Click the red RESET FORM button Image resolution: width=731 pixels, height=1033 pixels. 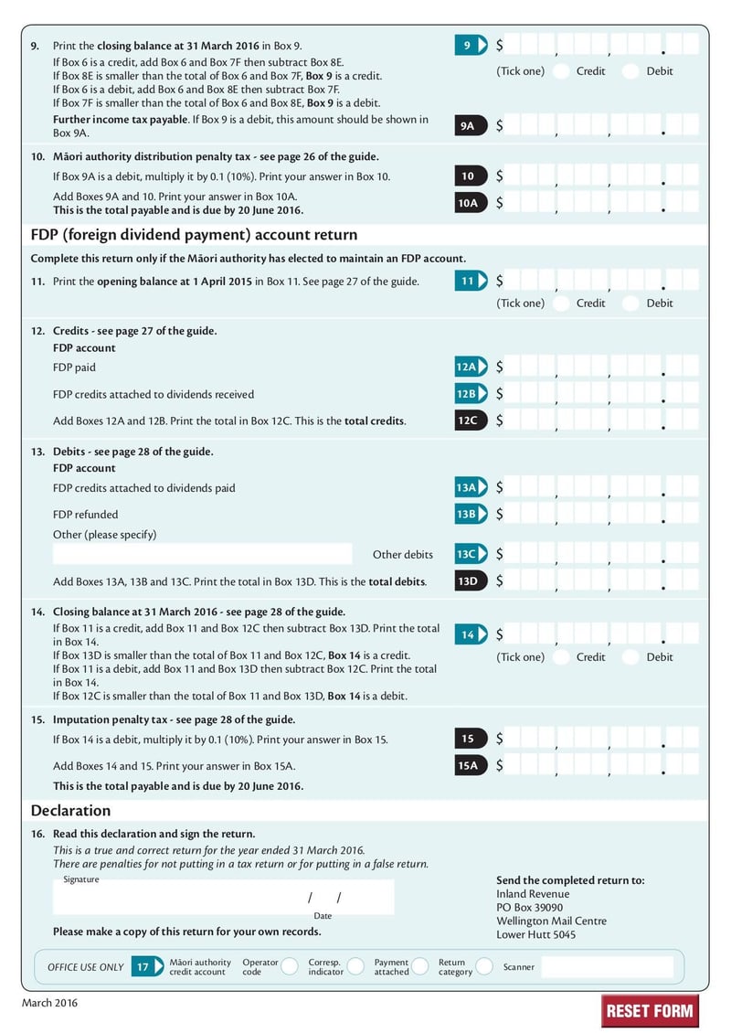650,1010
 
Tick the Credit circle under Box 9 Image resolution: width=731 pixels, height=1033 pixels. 561,71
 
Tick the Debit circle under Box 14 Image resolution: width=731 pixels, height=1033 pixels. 630,657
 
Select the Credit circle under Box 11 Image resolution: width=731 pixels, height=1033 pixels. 561,304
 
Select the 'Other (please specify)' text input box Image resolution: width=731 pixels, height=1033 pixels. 202,554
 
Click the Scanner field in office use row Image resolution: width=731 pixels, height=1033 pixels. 607,967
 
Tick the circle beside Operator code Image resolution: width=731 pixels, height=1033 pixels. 290,967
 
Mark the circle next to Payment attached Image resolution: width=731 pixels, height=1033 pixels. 419,967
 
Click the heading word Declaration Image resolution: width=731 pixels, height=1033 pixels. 70,811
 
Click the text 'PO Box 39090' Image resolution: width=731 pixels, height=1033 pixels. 529,908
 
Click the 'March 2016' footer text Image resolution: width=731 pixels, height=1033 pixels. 50,1003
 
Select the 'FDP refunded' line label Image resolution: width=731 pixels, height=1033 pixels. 86,515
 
